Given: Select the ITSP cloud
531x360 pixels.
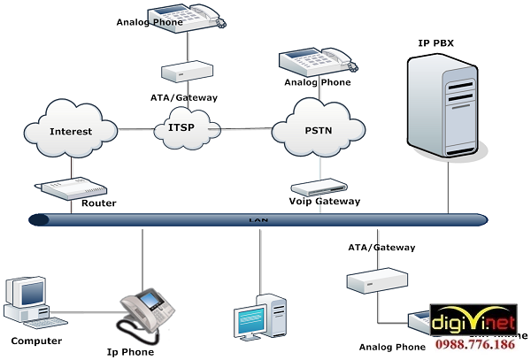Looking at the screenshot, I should (x=181, y=129).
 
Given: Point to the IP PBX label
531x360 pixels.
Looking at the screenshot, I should (x=438, y=42).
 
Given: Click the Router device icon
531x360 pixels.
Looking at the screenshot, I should (x=62, y=189).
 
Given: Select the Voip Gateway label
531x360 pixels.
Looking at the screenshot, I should (x=325, y=202).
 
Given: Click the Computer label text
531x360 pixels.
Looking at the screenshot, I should (x=36, y=341).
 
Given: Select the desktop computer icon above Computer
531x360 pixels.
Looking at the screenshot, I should (x=29, y=301).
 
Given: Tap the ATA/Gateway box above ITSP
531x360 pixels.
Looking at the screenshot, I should (x=187, y=70).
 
